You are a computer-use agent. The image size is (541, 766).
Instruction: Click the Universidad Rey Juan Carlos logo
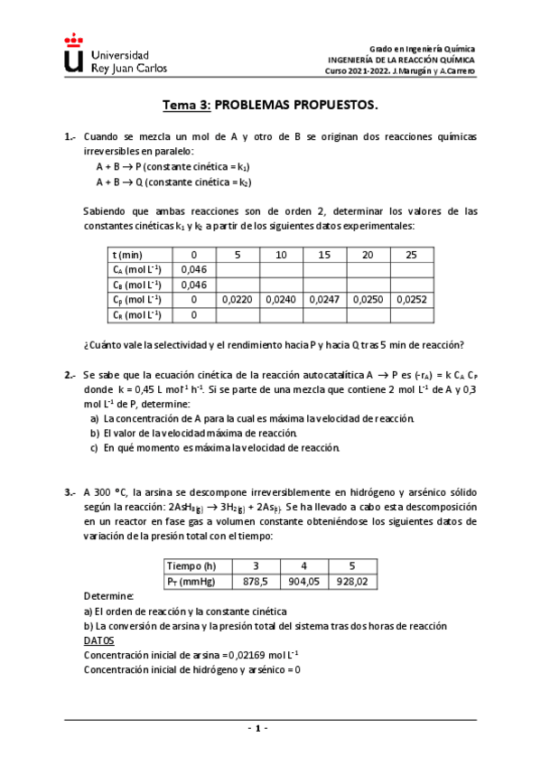(107, 56)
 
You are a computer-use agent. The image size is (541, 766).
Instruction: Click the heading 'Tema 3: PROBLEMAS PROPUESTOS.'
(270, 105)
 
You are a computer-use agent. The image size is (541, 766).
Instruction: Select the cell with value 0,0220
(238, 299)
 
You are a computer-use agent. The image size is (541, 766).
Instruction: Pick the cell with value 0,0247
(324, 299)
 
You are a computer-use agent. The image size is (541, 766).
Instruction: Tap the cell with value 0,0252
(411, 299)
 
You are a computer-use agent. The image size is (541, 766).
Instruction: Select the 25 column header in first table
(411, 255)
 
